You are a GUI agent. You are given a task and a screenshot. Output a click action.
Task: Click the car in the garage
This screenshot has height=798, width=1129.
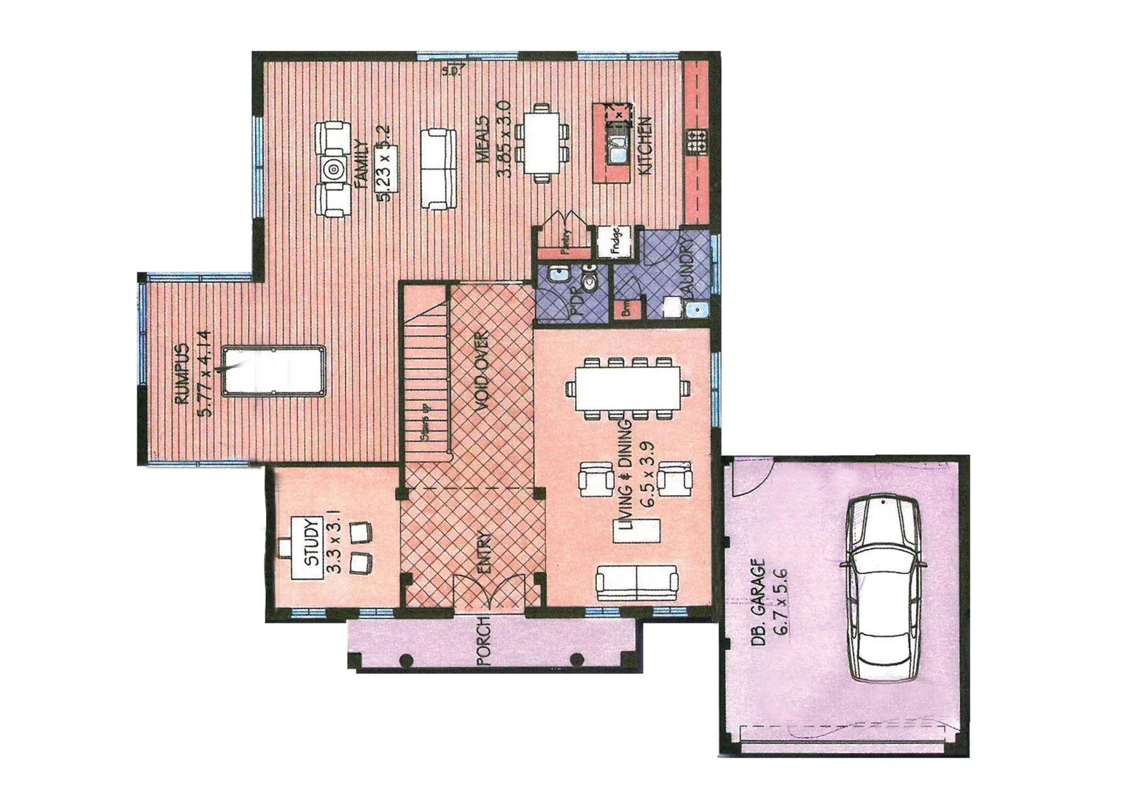tap(883, 588)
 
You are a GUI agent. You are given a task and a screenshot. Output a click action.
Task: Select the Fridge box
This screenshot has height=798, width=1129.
tap(614, 240)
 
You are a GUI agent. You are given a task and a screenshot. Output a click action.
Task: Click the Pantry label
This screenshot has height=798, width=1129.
tap(564, 241)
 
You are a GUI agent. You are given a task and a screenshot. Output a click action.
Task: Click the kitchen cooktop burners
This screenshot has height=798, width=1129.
tap(696, 141)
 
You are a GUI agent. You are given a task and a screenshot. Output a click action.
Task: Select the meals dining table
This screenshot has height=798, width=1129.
tap(542, 146)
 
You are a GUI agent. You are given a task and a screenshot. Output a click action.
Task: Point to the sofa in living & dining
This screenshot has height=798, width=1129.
tap(636, 583)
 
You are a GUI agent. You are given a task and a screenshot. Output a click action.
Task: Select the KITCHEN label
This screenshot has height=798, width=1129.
tap(644, 145)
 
